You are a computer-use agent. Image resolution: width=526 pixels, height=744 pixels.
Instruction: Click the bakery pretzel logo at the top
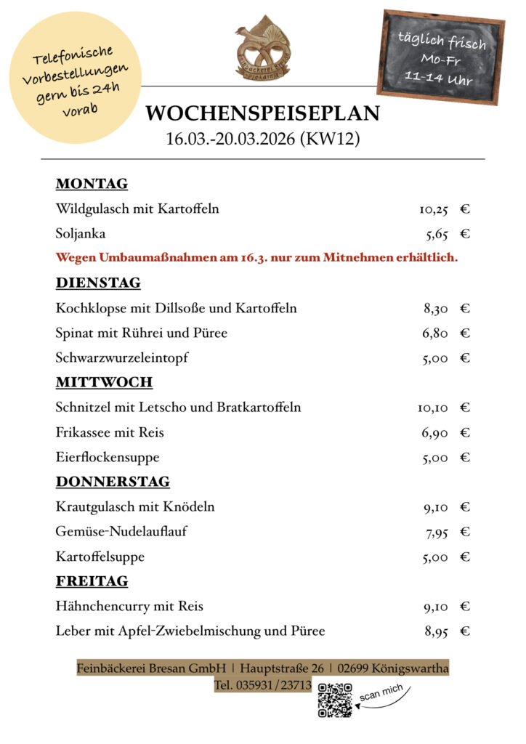(262, 48)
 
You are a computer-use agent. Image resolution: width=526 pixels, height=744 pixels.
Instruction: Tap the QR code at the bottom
(335, 700)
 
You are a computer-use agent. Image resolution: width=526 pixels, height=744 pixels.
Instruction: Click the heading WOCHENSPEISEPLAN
(262, 113)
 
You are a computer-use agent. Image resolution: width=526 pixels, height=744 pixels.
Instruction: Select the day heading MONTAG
(92, 183)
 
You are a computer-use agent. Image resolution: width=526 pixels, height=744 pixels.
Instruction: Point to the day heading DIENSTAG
(98, 283)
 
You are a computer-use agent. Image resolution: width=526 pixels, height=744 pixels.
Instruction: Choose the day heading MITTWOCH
(104, 382)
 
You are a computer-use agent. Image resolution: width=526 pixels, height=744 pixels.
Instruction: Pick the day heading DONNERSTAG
(113, 482)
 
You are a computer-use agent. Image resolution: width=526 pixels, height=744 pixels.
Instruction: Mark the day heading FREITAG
(92, 581)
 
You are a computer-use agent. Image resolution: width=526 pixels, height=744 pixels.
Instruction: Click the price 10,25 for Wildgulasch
(434, 209)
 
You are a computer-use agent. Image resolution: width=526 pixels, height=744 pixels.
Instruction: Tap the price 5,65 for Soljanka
(437, 234)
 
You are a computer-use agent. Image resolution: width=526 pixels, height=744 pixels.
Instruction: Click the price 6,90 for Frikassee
(435, 433)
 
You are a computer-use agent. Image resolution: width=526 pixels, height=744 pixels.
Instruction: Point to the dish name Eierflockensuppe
(108, 458)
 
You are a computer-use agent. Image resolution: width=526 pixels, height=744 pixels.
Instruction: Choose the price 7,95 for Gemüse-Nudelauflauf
(437, 533)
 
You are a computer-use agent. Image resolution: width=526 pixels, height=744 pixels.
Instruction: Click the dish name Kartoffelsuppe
(100, 557)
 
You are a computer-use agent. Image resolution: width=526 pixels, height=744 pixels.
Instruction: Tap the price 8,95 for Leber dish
(436, 631)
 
